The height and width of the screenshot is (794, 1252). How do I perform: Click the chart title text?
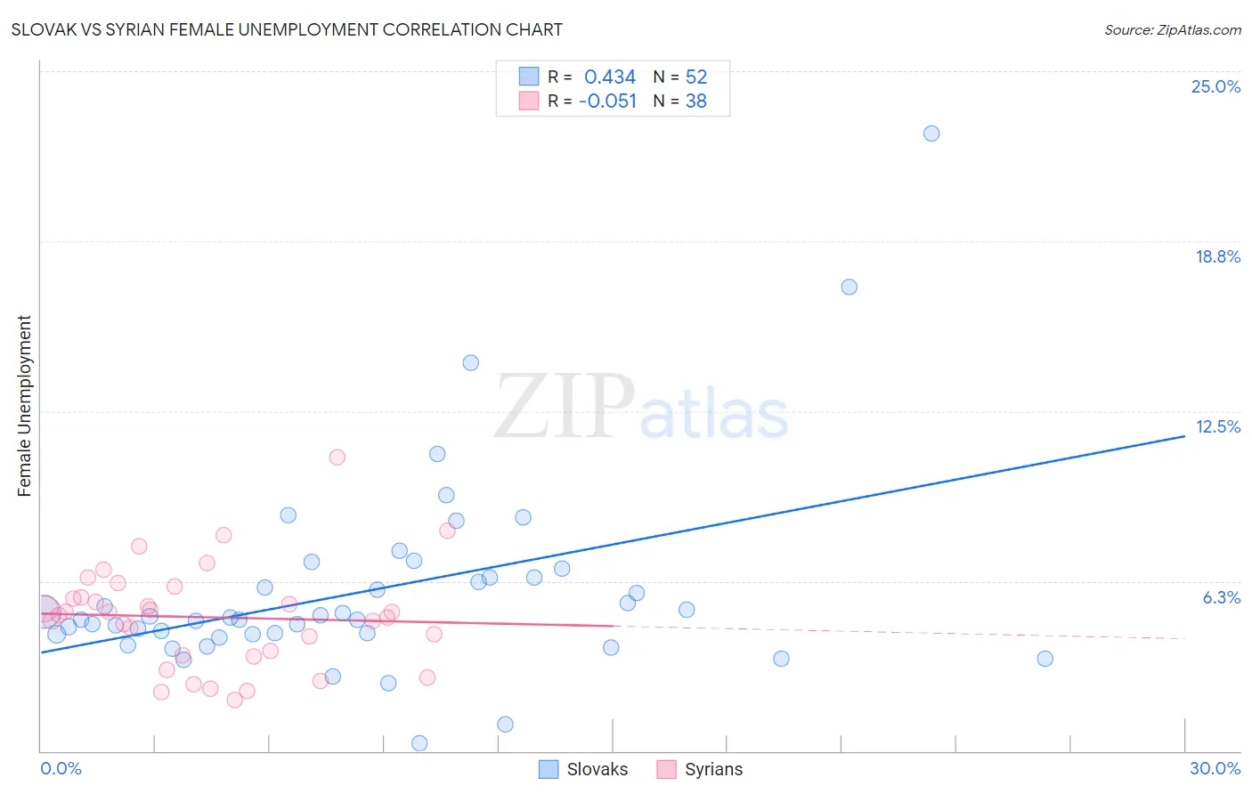[287, 29]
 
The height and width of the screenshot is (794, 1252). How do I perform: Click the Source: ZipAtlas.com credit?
[1172, 29]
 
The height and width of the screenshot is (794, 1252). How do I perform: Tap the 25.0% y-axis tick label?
[1215, 86]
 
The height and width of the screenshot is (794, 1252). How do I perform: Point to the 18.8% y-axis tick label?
[1217, 256]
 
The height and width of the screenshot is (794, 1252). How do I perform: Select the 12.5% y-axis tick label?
[1217, 426]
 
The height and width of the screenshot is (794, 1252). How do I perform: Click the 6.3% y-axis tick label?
[1221, 597]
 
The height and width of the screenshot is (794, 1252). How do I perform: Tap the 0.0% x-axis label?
[61, 768]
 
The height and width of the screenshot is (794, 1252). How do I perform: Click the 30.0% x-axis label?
[1215, 768]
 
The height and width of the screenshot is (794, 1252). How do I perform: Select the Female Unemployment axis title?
[24, 405]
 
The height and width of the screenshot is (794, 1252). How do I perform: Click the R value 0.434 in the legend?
[610, 77]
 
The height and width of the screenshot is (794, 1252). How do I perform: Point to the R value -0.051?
[607, 101]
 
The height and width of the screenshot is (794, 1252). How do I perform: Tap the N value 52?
[695, 77]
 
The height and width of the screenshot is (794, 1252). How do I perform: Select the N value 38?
[695, 101]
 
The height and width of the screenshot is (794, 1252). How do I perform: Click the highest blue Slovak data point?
[931, 134]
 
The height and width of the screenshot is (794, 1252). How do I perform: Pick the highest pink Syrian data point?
[337, 458]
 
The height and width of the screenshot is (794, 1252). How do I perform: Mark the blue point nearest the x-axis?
[419, 743]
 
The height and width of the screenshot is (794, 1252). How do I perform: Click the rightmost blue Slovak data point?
[1045, 659]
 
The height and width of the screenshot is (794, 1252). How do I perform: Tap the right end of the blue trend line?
[1184, 436]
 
